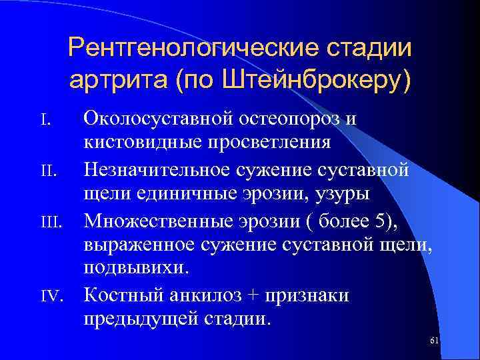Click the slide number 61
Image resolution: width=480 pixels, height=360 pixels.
434,341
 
